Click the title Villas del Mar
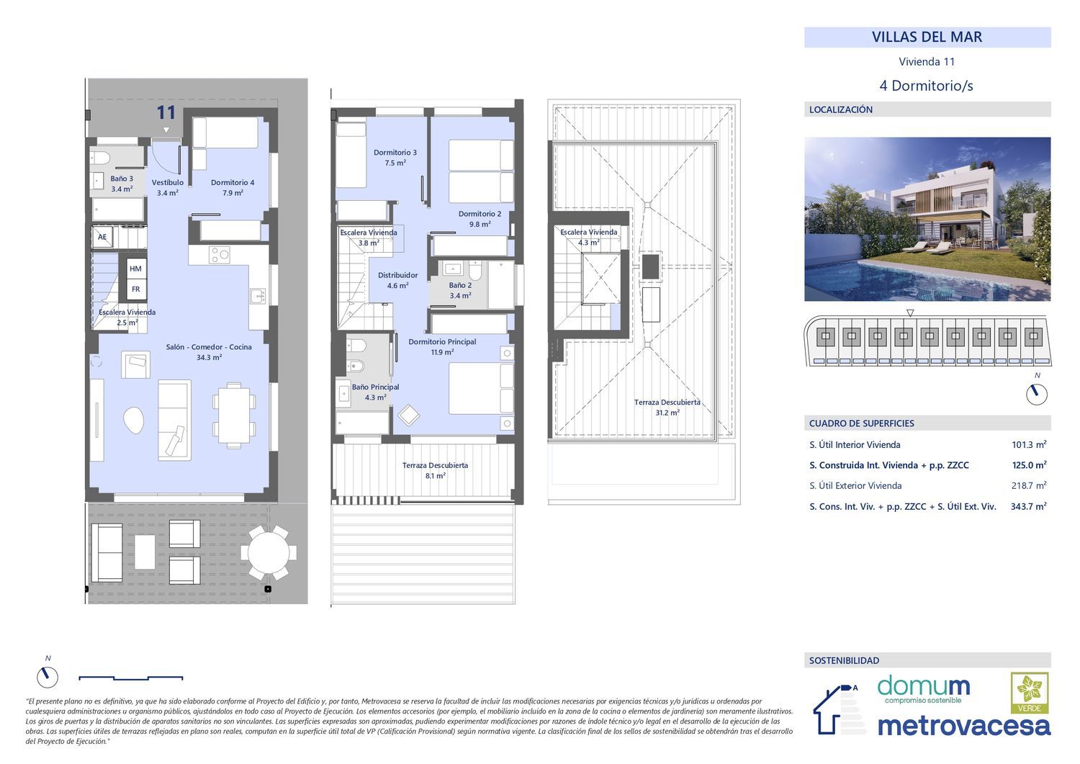(927, 37)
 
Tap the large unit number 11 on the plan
(166, 112)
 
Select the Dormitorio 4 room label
(233, 188)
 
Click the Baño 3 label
(122, 184)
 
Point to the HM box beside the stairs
(135, 269)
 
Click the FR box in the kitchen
(135, 289)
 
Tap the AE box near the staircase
(102, 237)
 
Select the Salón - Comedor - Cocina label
(209, 352)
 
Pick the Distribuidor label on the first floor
(397, 280)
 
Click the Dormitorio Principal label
(442, 347)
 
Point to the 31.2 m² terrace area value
(667, 413)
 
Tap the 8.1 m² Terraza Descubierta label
(435, 470)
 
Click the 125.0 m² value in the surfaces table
(1029, 465)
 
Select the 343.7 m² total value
(1028, 506)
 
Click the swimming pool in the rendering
(916, 280)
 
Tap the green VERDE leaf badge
(1030, 693)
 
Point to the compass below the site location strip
(1037, 395)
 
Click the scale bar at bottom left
(130, 678)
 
